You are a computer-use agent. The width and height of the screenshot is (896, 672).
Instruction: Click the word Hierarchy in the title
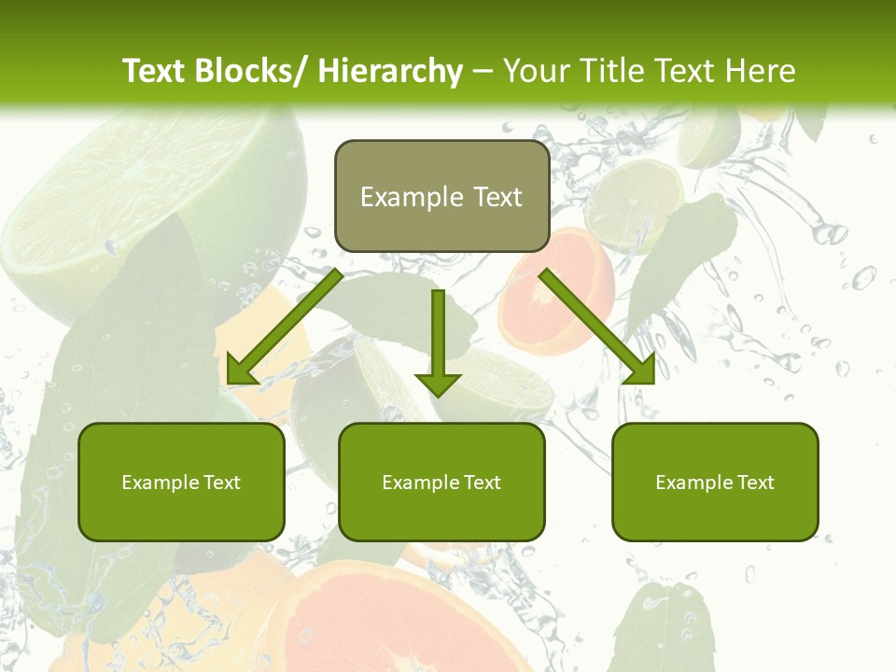click(390, 71)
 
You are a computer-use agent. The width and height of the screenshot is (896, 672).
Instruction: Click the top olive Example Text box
click(441, 196)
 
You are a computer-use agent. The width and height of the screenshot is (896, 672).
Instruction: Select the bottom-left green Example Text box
click(181, 482)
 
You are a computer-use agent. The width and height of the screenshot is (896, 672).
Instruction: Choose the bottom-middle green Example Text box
click(441, 482)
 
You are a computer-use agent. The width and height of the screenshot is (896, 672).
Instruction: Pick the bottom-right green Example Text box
click(715, 482)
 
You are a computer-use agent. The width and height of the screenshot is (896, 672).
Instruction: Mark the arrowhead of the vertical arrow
click(438, 383)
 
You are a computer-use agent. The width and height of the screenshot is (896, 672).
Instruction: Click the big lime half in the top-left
click(121, 187)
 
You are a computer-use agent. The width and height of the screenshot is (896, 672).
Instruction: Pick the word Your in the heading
click(535, 71)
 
